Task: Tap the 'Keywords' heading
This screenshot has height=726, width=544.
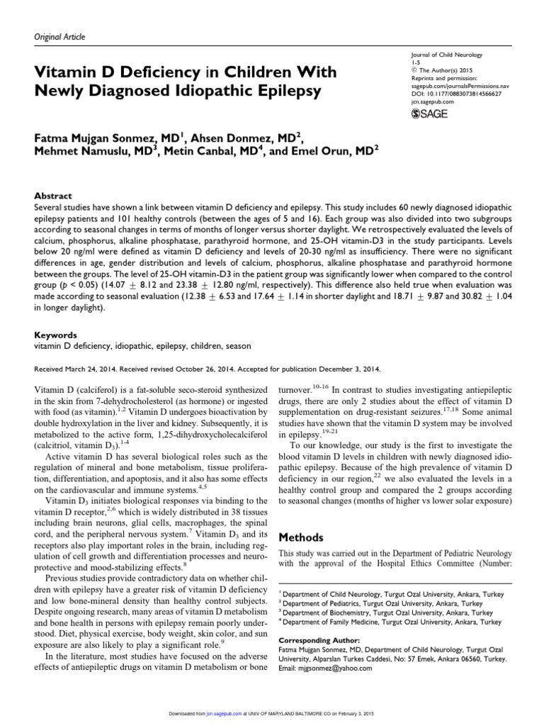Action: [57, 334]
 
